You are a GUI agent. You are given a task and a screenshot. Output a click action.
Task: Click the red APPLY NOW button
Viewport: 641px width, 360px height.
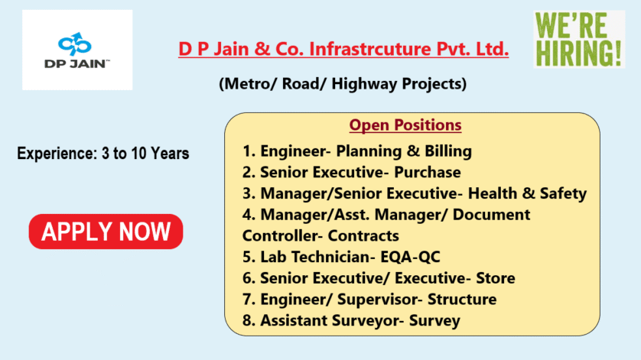pos(106,232)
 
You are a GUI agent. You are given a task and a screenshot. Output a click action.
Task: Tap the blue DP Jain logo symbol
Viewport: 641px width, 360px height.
pos(74,44)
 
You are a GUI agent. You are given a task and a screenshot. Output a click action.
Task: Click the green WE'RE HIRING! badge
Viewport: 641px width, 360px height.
pos(579,39)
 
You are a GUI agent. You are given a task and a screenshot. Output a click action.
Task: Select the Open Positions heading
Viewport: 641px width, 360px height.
pos(405,125)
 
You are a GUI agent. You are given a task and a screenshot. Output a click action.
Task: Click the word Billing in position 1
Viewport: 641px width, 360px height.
pos(448,151)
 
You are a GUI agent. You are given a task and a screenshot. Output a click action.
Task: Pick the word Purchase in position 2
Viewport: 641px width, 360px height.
pos(427,173)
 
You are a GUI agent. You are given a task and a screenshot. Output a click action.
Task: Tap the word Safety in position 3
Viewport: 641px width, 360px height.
pos(563,193)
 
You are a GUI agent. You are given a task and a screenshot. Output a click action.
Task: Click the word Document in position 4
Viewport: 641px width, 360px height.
pos(491,215)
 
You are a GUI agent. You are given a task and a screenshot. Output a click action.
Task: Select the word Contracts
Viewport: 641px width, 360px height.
pos(363,235)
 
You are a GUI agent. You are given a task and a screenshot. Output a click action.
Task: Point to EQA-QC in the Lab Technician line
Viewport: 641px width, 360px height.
pos(410,257)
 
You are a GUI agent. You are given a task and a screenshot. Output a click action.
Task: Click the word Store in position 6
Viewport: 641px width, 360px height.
pos(496,278)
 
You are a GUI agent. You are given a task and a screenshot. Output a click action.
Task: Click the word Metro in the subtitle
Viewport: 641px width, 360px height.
pos(248,84)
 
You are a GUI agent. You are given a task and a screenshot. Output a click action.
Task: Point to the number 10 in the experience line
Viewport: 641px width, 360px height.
pos(138,154)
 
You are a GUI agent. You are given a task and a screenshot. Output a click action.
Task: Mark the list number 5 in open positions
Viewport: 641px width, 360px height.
pos(249,257)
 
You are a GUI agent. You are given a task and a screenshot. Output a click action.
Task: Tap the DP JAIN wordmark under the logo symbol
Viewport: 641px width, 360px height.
pos(76,63)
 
